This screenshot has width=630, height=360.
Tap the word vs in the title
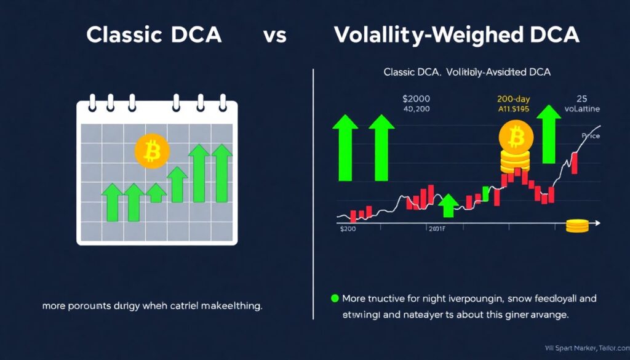pos(274,36)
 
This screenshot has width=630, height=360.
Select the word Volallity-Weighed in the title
pos(424,35)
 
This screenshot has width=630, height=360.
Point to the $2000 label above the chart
pos(417,98)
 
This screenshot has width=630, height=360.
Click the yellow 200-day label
pos(515,98)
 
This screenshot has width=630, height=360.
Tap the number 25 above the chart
pos(582,98)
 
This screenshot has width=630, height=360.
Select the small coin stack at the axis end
pos(576,226)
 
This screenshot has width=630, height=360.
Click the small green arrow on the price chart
pos(449,205)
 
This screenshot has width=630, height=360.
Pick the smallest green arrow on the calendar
pos(157,193)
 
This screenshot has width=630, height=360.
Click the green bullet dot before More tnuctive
pos(335,298)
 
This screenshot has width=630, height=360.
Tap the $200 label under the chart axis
pos(348,229)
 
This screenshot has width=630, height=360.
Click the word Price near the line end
pos(590,135)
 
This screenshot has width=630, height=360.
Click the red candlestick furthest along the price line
pos(575,162)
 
